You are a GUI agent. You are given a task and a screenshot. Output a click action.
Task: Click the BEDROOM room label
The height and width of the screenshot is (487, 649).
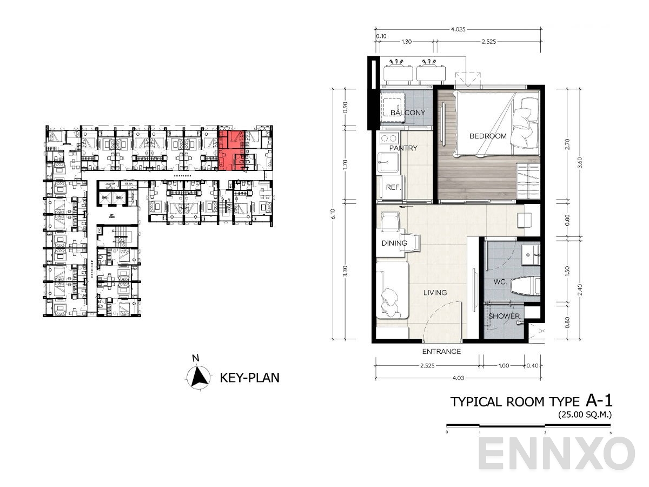(488, 136)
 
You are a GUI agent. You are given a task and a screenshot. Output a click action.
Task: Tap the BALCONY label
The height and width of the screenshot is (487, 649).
(407, 113)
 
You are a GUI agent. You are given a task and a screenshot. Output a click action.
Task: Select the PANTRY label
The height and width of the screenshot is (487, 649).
(403, 148)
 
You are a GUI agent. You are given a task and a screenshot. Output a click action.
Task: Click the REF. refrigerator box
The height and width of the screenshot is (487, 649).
(392, 187)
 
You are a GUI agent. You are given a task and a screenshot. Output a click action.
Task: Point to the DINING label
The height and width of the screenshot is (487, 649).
(394, 243)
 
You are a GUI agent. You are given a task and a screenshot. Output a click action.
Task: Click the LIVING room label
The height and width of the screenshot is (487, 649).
(435, 293)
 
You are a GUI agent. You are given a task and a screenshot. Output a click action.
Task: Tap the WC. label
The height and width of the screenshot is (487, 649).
(499, 282)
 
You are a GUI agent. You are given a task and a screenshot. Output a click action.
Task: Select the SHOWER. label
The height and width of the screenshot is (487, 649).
(504, 316)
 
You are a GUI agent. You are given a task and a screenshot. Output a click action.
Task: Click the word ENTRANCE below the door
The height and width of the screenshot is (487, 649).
(441, 352)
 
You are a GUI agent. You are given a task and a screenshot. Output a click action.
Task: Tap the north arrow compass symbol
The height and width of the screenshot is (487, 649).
(199, 376)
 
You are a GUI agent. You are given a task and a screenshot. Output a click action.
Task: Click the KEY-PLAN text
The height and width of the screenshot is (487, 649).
(250, 378)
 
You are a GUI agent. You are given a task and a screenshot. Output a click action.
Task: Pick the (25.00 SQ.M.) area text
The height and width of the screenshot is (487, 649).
(586, 415)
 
